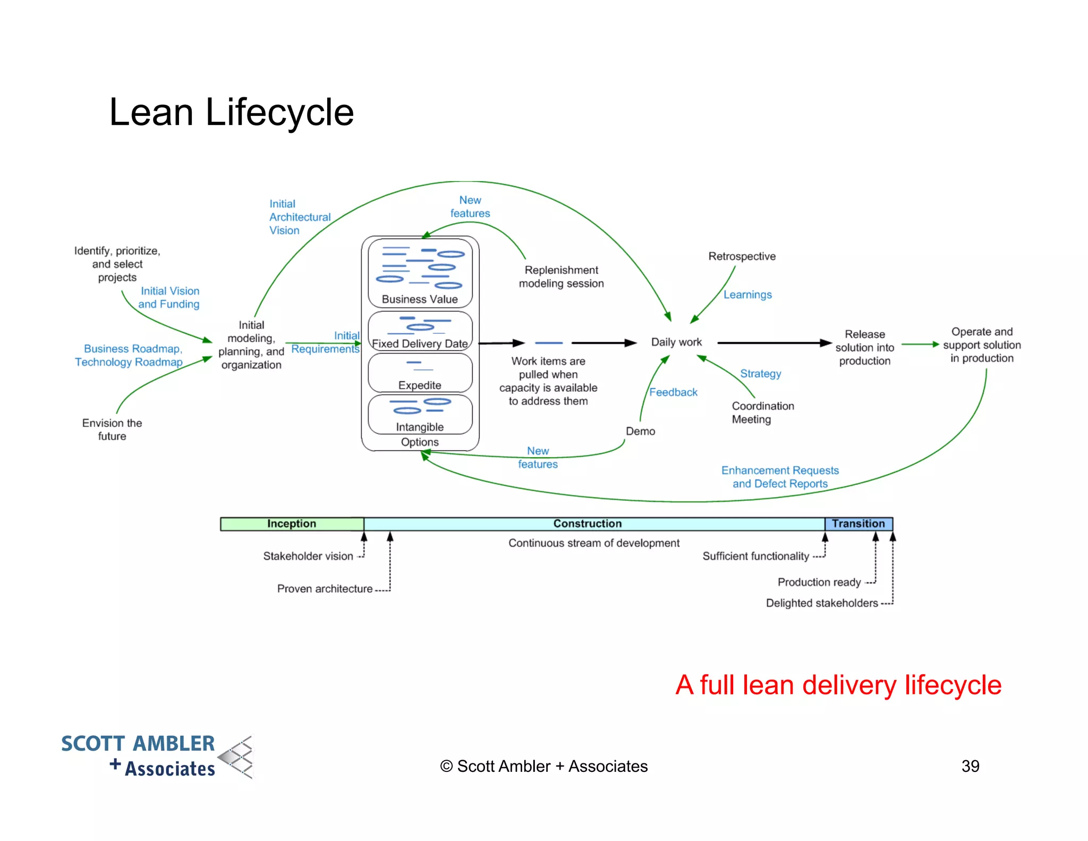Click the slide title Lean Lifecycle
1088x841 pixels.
coord(231,112)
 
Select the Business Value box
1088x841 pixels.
coord(420,273)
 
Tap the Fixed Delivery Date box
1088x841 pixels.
coord(420,331)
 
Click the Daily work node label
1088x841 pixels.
coord(676,342)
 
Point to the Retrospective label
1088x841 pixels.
coord(742,256)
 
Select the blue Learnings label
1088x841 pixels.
coord(747,295)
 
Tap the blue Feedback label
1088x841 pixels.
coord(673,392)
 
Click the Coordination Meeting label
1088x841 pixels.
coord(762,413)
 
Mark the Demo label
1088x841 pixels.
coord(640,431)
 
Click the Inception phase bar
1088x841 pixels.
coord(292,524)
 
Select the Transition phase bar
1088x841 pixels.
coord(858,524)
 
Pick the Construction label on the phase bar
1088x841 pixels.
coord(587,524)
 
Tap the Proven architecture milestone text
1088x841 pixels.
coord(325,588)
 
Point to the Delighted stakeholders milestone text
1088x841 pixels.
coord(821,603)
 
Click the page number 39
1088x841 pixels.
coord(970,766)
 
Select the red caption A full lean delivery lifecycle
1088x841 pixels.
coord(838,685)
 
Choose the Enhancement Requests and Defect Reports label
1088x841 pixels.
coord(780,477)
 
